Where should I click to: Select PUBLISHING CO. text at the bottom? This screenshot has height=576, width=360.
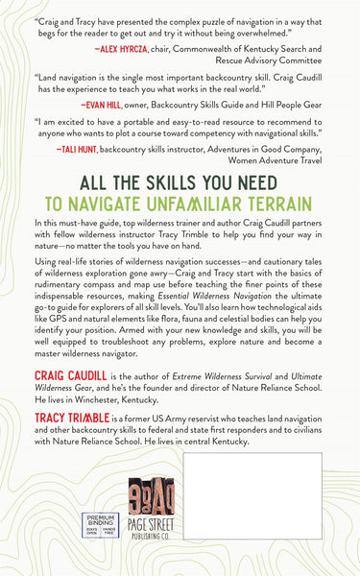pyautogui.click(x=180, y=556)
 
